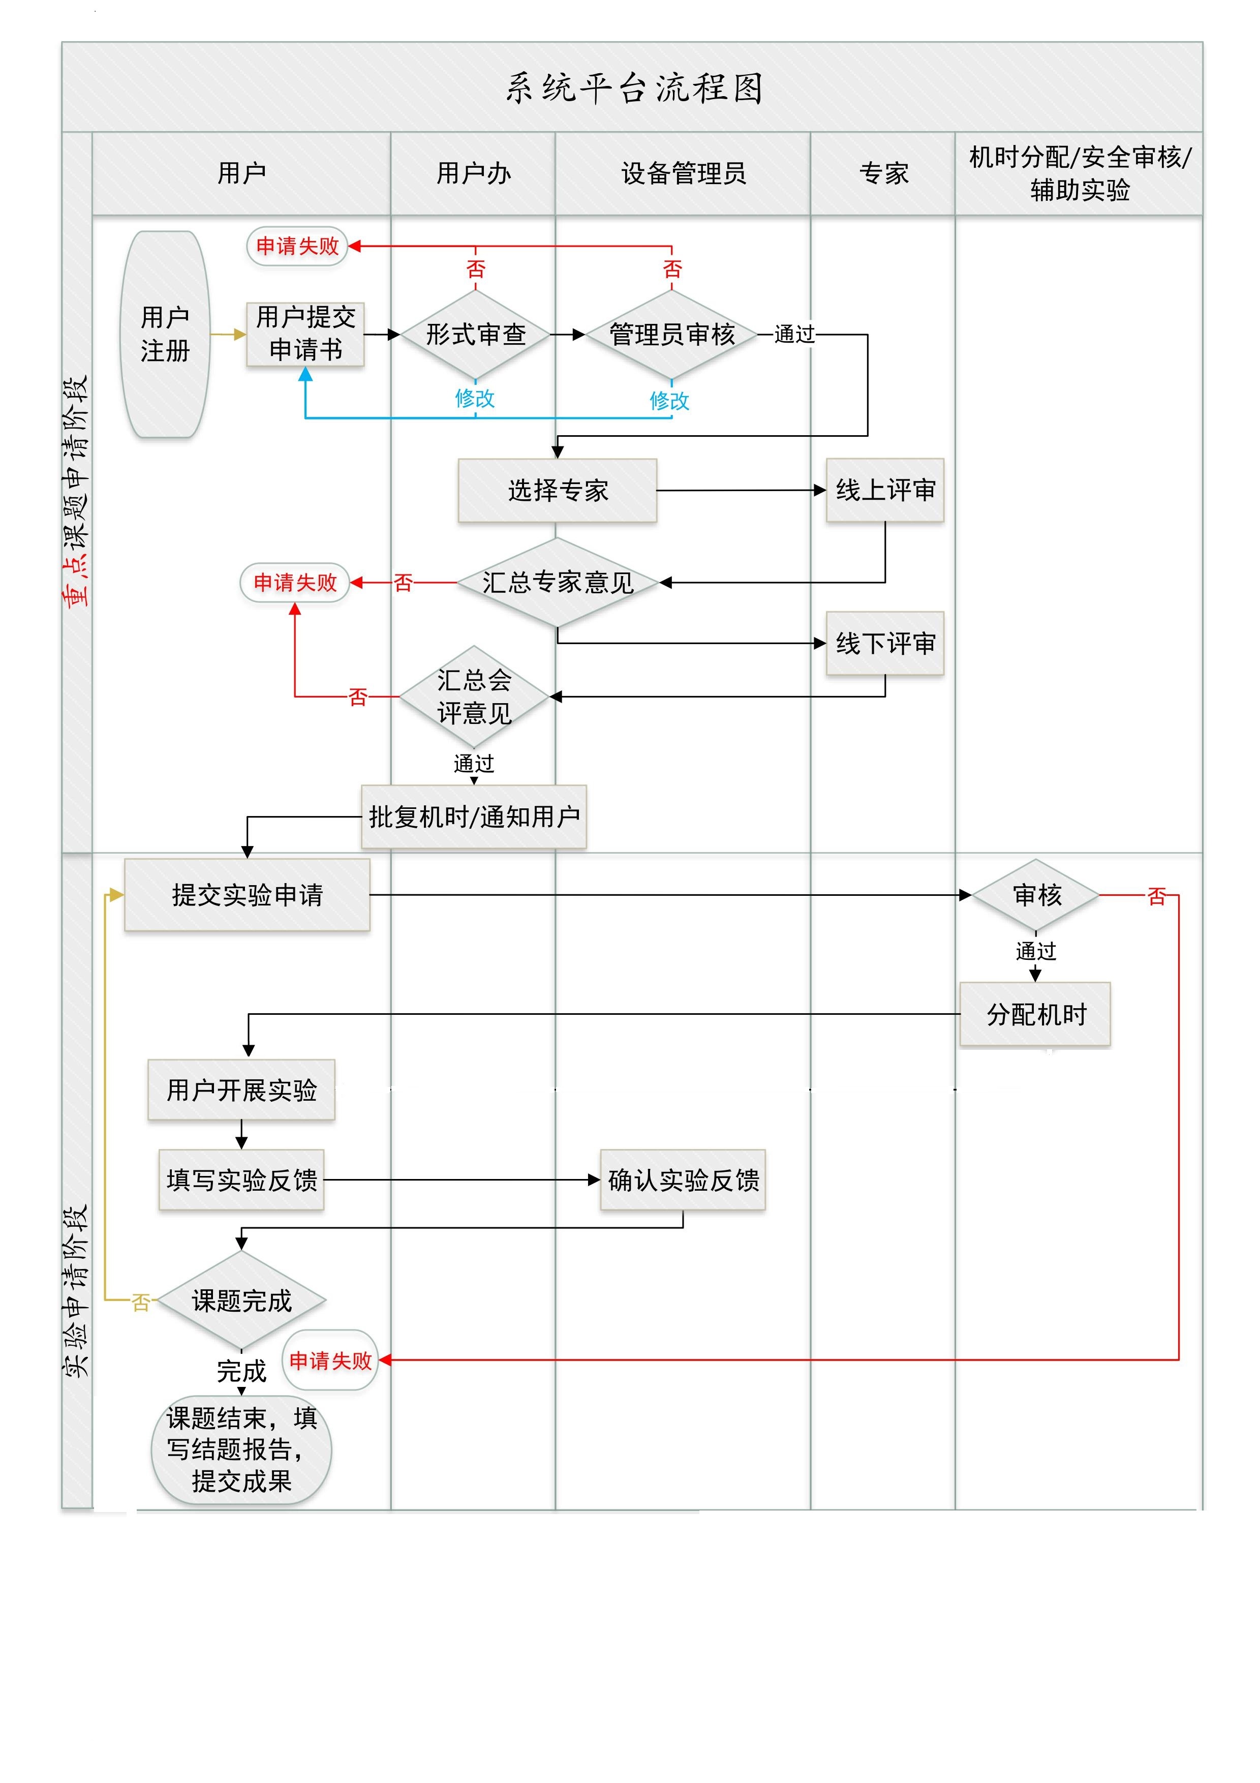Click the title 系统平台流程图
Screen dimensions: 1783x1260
633,88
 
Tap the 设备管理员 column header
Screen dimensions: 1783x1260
683,173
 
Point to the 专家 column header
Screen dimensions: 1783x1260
883,173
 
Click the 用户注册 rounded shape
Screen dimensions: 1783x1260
165,334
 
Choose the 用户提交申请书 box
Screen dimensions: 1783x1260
305,334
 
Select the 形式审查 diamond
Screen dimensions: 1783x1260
475,335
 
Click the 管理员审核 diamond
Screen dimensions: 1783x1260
671,335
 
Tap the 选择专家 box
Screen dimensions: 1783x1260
558,490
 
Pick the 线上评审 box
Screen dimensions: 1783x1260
885,490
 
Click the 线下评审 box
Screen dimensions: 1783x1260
885,643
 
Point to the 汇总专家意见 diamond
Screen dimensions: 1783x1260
558,583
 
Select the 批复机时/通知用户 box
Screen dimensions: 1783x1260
474,817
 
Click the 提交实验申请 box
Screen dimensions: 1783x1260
247,895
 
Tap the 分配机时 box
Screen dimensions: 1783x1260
1036,1014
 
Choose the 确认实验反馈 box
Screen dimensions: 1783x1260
683,1181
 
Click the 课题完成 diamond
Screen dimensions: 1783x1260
241,1301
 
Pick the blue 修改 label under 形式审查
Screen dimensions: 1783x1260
474,399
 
